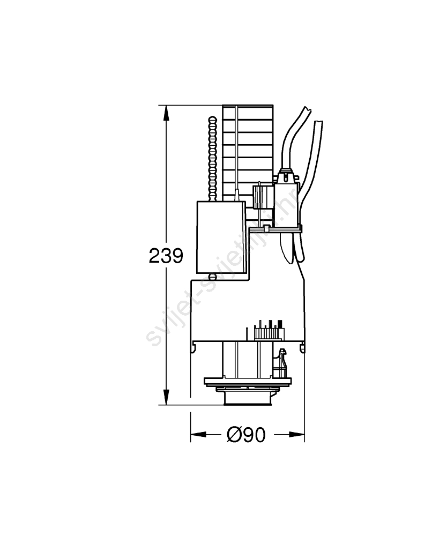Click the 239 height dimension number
pyautogui.click(x=166, y=256)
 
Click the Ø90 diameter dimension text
pyautogui.click(x=246, y=435)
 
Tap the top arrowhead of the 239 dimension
pyautogui.click(x=166, y=113)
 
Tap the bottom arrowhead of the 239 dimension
pyautogui.click(x=166, y=397)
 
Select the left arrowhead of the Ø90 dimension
pyautogui.click(x=198, y=435)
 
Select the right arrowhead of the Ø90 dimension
pyautogui.click(x=296, y=435)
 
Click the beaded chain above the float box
pyautogui.click(x=213, y=159)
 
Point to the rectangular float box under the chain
pyautogui.click(x=221, y=237)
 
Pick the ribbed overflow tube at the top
pyautogui.click(x=248, y=152)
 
